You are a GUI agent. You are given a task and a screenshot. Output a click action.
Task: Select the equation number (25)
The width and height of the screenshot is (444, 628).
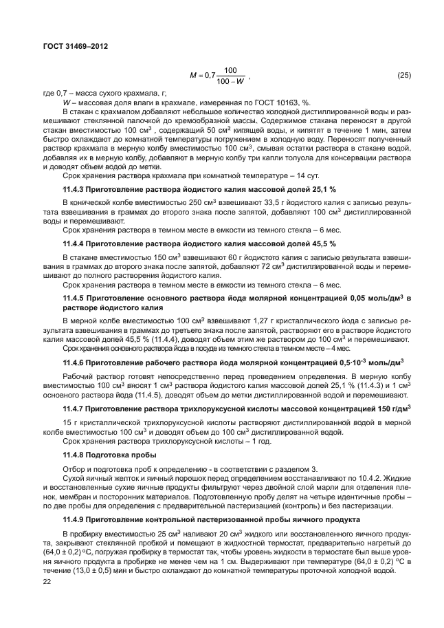400,74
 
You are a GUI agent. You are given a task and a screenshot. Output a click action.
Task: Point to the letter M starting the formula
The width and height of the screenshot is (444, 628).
193,74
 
